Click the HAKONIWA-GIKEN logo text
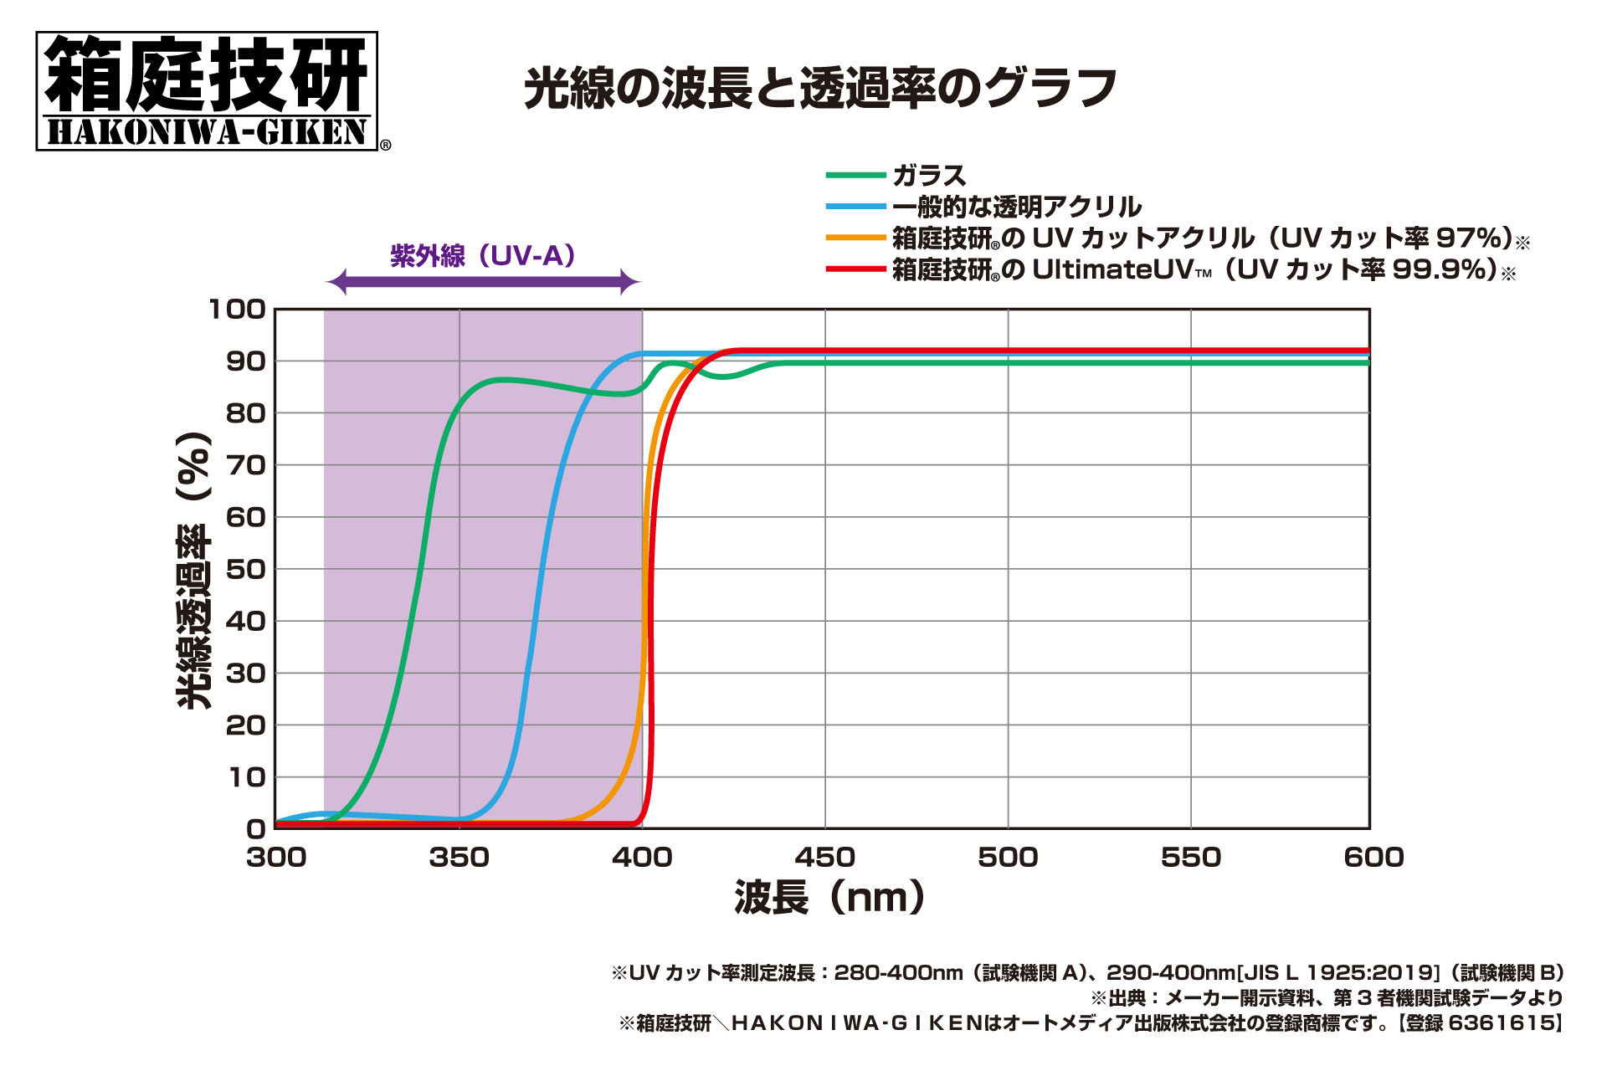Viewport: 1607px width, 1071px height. [x=207, y=132]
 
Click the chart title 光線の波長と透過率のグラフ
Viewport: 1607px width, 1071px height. [x=820, y=88]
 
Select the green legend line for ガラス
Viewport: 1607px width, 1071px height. [x=855, y=176]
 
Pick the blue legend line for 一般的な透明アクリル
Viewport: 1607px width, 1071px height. [x=855, y=207]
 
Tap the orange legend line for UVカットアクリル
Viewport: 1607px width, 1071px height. [x=855, y=238]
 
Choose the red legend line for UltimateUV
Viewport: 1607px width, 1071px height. [x=855, y=269]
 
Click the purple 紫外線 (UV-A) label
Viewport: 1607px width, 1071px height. [x=483, y=255]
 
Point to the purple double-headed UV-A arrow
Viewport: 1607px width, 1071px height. [x=483, y=283]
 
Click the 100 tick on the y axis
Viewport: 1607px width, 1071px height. [x=237, y=310]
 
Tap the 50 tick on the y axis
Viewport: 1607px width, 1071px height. [x=245, y=569]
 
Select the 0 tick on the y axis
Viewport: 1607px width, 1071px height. [x=255, y=828]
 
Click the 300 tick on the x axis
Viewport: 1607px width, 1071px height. [x=276, y=857]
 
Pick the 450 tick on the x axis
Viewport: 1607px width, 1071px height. [x=824, y=857]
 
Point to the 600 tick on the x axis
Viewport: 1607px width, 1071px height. [x=1373, y=857]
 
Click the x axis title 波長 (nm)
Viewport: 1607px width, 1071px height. [x=829, y=897]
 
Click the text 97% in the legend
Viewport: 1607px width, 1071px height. [x=1471, y=238]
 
